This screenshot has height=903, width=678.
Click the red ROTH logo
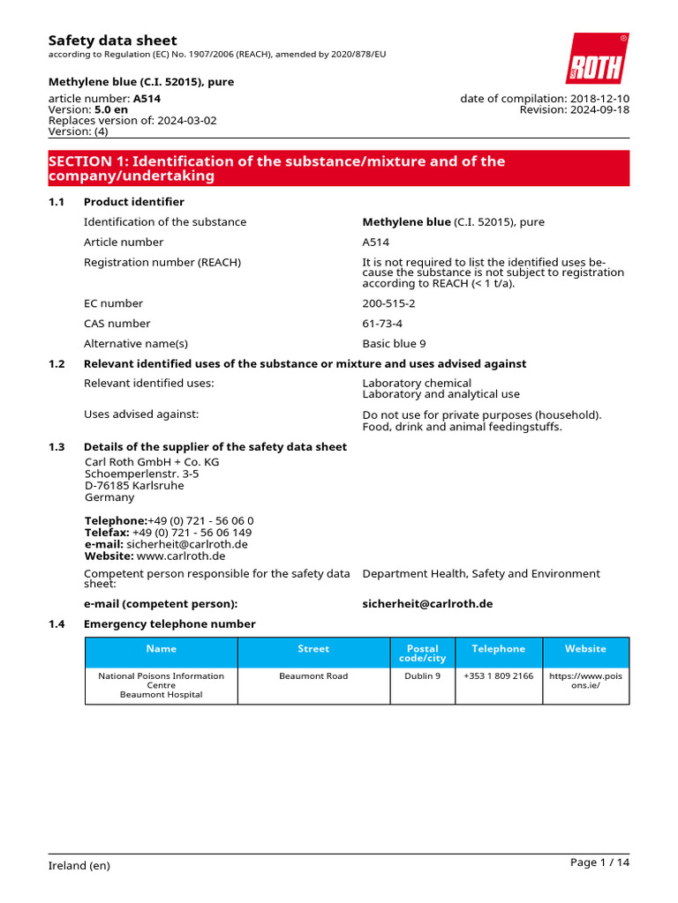click(597, 59)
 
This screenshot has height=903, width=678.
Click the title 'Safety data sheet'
click(112, 41)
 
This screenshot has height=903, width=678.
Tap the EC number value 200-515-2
click(388, 303)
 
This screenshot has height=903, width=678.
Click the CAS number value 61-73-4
click(382, 324)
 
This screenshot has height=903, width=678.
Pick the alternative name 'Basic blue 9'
click(394, 344)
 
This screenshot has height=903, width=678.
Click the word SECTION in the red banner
click(79, 161)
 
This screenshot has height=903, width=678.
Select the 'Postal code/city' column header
click(422, 653)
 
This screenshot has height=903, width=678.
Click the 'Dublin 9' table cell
click(422, 676)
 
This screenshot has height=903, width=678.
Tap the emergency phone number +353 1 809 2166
click(498, 676)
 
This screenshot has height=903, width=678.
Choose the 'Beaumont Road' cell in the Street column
click(313, 676)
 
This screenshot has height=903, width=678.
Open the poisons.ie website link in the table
click(585, 681)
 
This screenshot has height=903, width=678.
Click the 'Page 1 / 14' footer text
click(600, 862)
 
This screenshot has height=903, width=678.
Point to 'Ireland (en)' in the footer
click(79, 866)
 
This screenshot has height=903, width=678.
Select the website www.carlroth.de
click(181, 556)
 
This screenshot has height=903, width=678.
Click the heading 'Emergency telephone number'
click(169, 624)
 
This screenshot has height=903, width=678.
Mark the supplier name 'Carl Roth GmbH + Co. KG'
click(152, 462)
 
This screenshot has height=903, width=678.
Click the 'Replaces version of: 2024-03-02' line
click(132, 120)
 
